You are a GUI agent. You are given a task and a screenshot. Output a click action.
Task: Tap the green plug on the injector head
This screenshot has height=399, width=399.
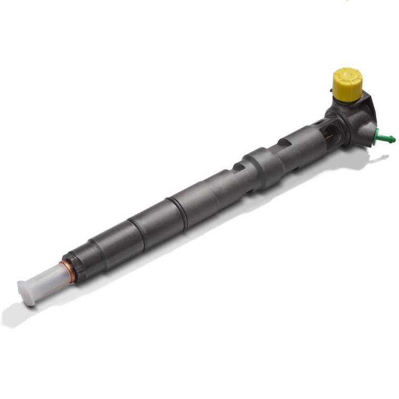384,137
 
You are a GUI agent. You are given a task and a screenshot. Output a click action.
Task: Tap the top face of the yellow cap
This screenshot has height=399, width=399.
347,73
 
